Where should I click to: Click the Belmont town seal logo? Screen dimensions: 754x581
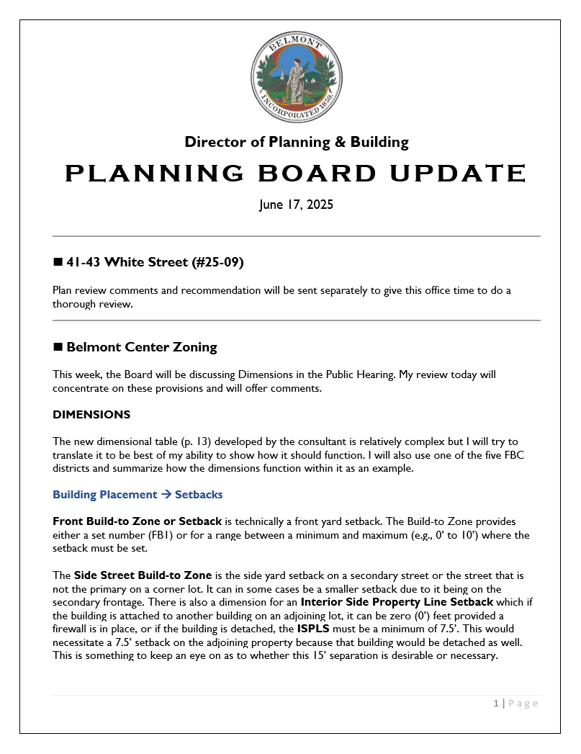(x=296, y=78)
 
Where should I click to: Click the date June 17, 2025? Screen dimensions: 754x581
(x=296, y=205)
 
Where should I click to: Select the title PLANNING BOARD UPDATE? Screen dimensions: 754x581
(x=296, y=174)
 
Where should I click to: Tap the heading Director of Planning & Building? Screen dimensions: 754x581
(x=296, y=142)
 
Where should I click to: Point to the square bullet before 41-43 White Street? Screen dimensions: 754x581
(x=58, y=262)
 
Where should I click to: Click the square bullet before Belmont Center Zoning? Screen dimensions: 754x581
(x=58, y=347)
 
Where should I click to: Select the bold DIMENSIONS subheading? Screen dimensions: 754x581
(x=91, y=415)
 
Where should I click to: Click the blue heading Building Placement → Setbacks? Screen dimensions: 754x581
(x=138, y=495)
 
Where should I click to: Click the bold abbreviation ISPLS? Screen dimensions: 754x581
(x=313, y=629)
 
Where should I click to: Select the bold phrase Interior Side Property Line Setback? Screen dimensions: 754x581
(x=397, y=602)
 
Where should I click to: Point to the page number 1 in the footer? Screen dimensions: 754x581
(x=496, y=704)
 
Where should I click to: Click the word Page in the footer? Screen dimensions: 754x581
(x=523, y=704)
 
